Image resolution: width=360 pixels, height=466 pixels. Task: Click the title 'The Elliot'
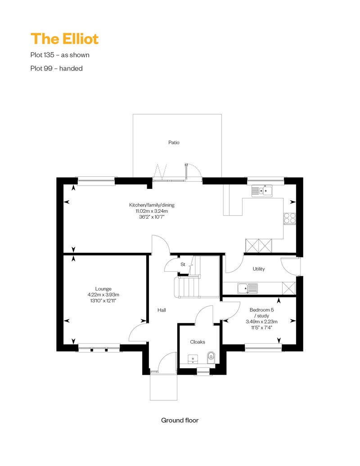[64, 39]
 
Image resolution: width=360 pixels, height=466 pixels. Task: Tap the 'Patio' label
[174, 143]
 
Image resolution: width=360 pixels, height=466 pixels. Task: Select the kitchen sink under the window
[262, 191]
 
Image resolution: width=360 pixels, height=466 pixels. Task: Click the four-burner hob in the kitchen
[289, 219]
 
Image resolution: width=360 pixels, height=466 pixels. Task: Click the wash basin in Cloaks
[193, 358]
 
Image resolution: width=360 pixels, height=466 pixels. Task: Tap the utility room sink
[247, 288]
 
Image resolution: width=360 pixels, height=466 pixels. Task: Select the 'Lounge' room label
[103, 289]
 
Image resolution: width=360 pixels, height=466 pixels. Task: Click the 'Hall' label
[162, 310]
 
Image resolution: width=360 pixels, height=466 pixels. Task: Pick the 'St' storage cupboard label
[183, 264]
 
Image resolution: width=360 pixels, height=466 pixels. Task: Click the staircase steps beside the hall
[187, 287]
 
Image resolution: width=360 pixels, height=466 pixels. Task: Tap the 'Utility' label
[259, 269]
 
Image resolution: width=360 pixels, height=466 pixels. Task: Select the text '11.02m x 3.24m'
[152, 211]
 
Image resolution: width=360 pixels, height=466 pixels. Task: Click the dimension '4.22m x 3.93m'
[103, 295]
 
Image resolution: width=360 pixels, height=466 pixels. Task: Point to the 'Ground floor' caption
[180, 420]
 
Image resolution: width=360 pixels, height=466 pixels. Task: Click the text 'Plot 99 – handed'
[57, 68]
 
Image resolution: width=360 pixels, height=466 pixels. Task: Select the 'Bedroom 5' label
[261, 309]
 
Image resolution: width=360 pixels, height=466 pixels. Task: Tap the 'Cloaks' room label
[198, 342]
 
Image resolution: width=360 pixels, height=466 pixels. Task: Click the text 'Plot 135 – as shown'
[60, 55]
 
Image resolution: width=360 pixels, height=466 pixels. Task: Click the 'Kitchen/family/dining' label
[152, 205]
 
